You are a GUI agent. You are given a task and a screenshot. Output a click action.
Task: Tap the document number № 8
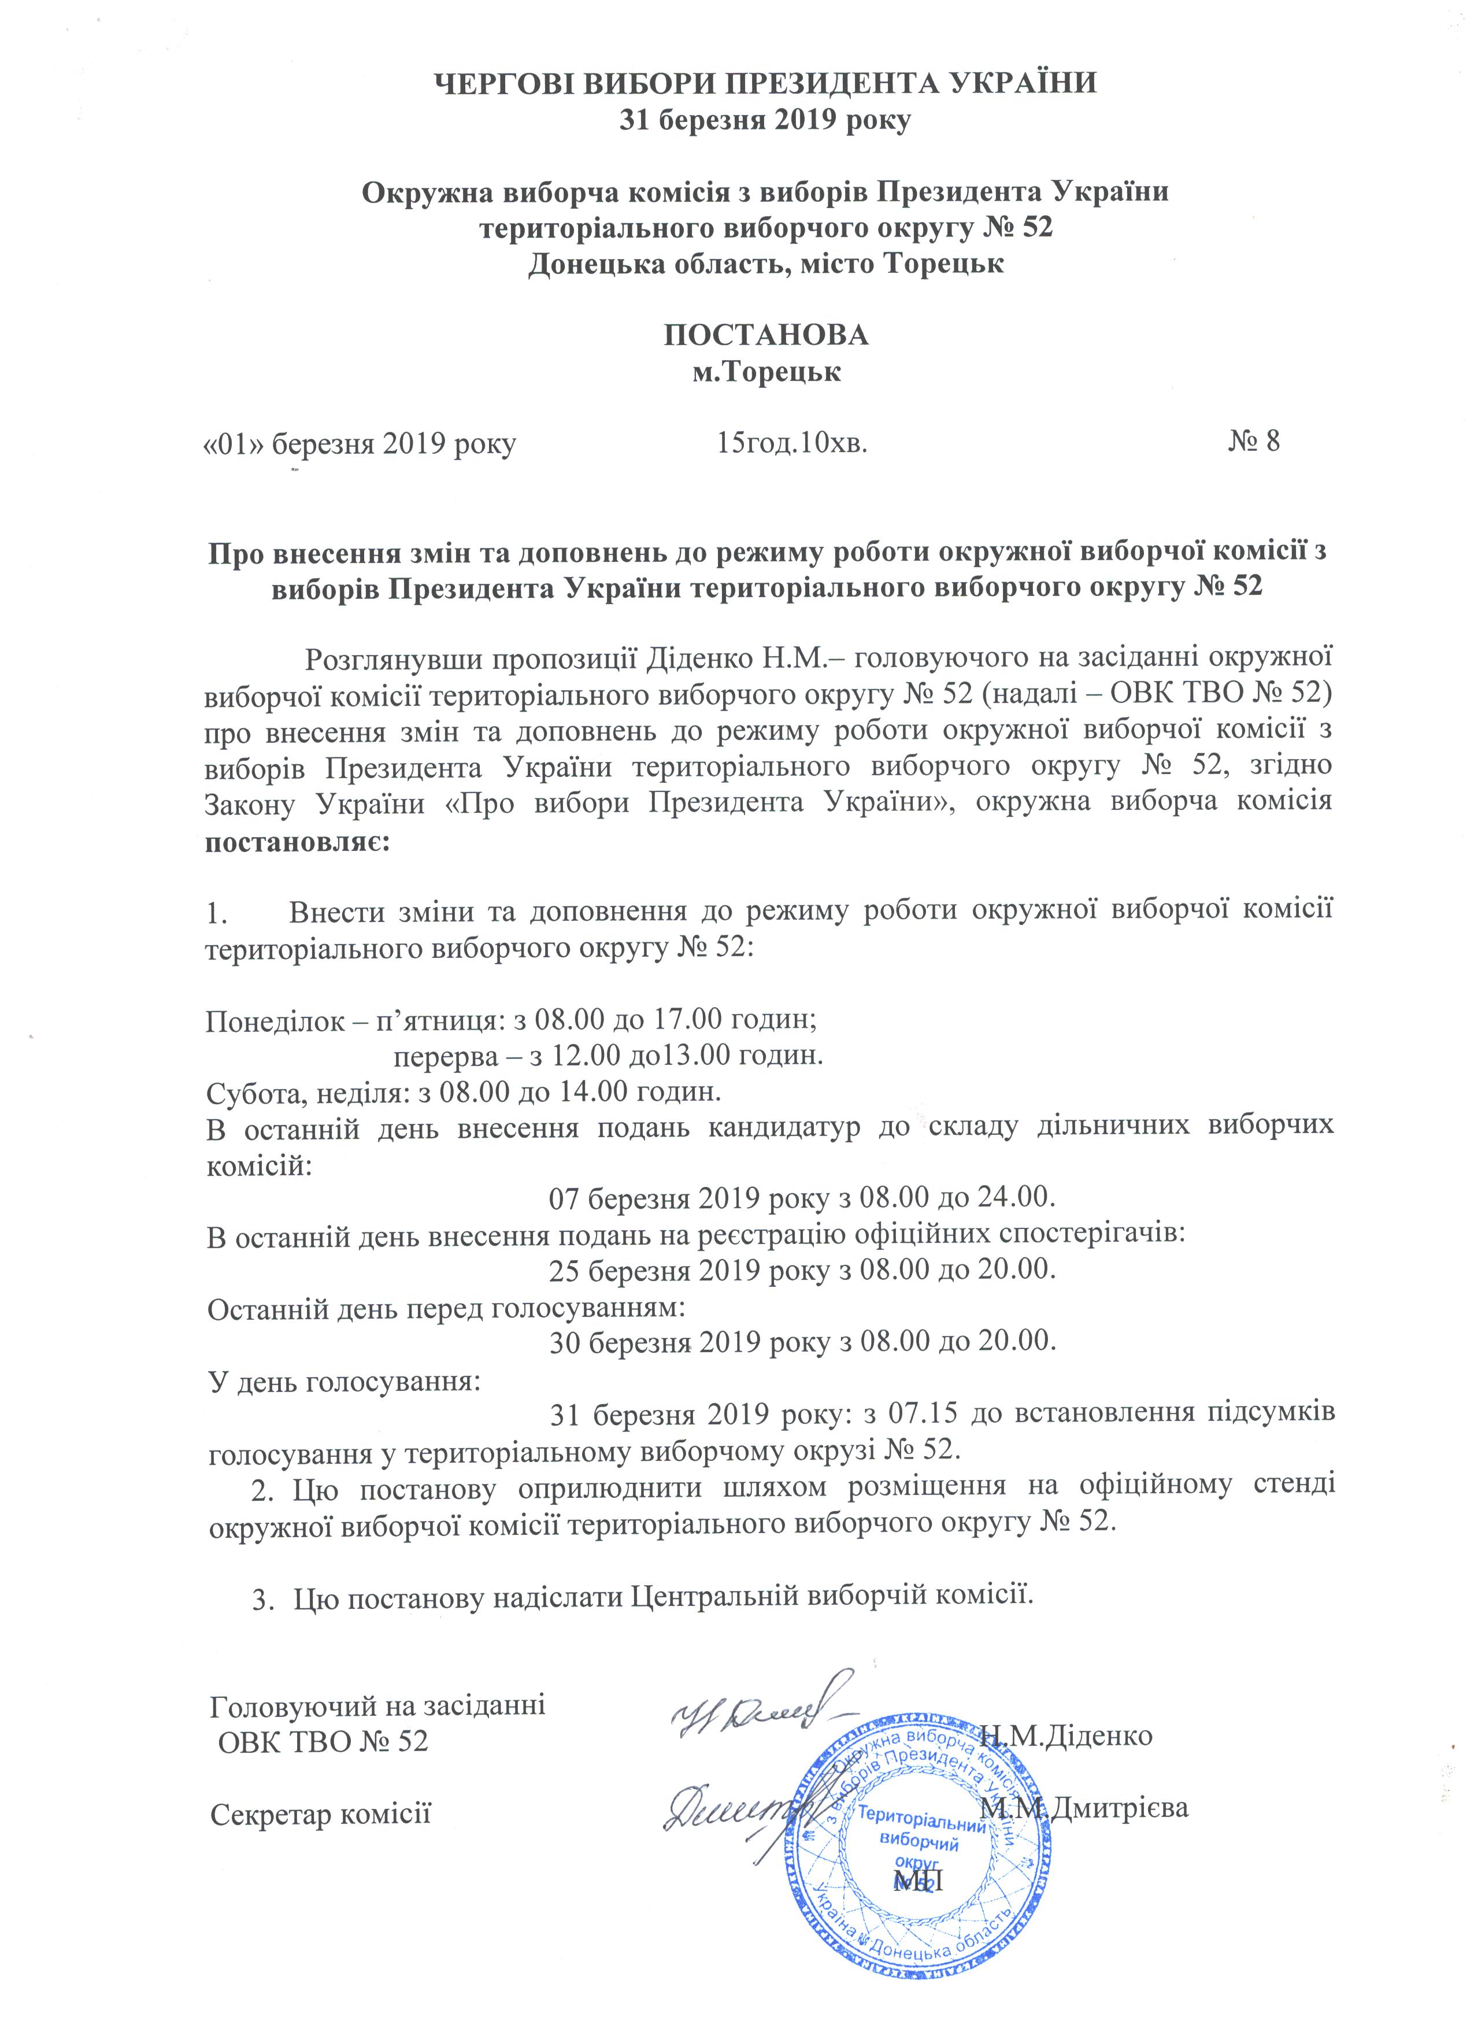[x=1254, y=442]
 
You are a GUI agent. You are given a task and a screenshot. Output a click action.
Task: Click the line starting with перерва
[x=608, y=1056]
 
